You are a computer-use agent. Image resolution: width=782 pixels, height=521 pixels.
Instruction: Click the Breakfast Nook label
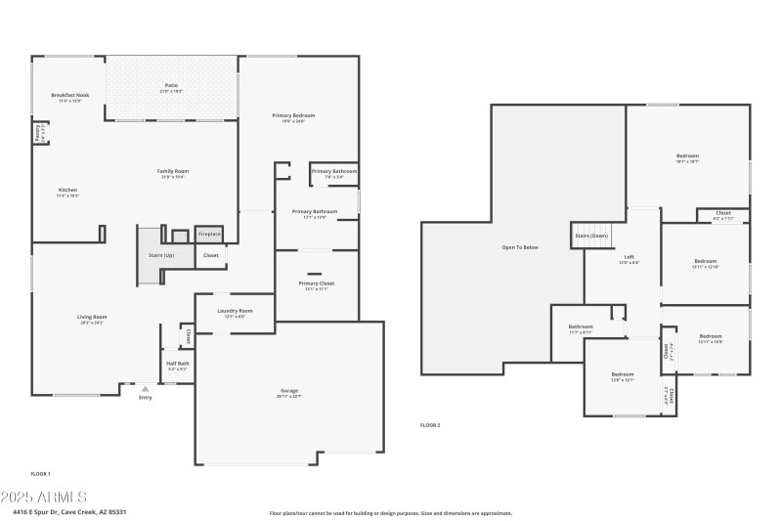click(69, 95)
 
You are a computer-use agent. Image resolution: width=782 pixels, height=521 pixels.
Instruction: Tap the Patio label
click(171, 87)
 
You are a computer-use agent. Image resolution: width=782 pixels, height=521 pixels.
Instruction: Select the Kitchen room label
click(67, 190)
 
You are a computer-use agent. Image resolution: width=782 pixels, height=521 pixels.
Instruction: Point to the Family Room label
click(171, 171)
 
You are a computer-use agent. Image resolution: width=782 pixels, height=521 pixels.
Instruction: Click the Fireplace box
click(209, 235)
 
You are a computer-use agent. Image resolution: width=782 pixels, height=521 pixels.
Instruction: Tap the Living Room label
click(92, 317)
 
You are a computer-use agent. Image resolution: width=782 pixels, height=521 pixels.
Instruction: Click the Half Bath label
click(177, 364)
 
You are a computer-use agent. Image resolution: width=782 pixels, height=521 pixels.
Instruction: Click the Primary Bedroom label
click(293, 115)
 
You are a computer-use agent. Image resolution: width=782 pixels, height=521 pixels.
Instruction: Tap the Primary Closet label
click(317, 283)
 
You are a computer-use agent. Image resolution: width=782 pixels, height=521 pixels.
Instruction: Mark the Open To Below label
click(520, 247)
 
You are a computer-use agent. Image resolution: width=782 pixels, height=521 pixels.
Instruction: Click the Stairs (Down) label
click(591, 236)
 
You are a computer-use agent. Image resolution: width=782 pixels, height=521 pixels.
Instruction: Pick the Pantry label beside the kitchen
click(38, 134)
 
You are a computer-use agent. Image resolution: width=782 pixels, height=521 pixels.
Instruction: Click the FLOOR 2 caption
click(430, 425)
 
